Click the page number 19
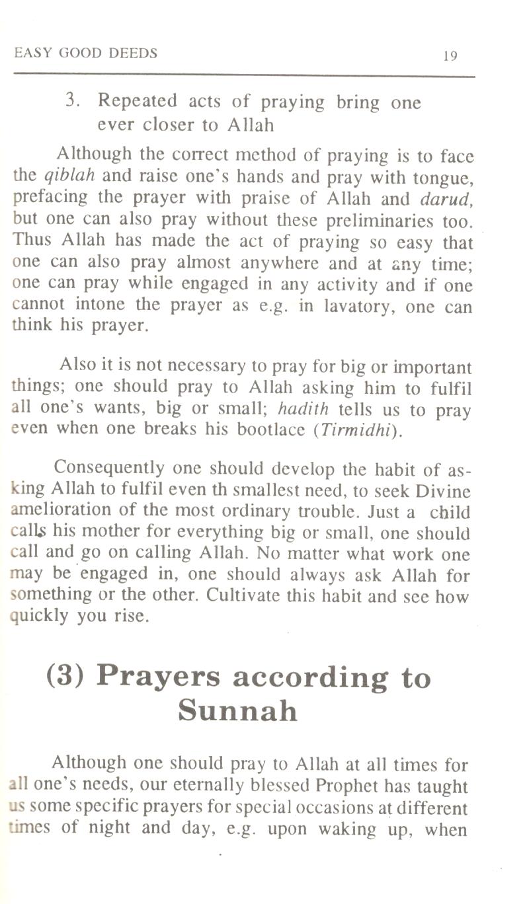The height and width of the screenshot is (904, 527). pyautogui.click(x=450, y=56)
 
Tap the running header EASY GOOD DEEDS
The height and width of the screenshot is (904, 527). pyautogui.click(x=86, y=54)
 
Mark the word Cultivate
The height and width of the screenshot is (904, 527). pyautogui.click(x=244, y=597)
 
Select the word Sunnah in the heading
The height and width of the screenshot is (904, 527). pyautogui.click(x=237, y=711)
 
